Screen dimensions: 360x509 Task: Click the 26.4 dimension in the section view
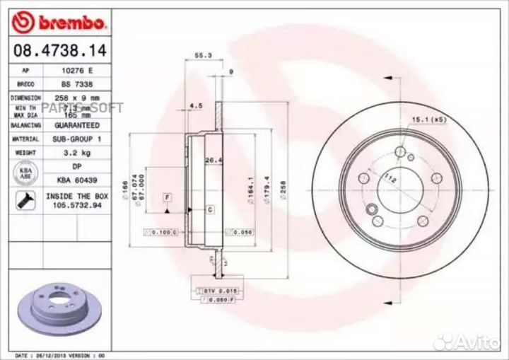210,160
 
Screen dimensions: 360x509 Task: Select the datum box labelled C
210,210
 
